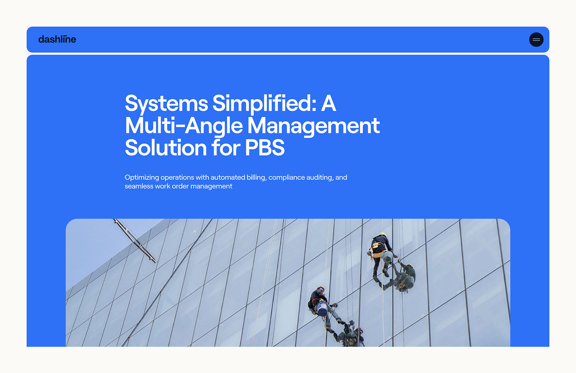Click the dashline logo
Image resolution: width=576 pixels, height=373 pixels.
[x=57, y=39]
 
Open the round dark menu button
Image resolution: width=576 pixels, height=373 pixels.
[x=536, y=39]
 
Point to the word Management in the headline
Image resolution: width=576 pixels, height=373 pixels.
[x=313, y=126]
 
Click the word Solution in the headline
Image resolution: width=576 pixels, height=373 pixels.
[x=166, y=147]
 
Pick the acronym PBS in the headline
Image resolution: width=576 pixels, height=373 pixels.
[x=265, y=148]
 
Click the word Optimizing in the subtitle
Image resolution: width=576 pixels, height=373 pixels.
[x=142, y=178]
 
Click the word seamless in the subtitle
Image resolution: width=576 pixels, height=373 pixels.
[x=139, y=186]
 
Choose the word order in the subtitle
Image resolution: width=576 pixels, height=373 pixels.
[x=180, y=186]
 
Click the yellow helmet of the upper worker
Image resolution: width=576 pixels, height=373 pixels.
[x=383, y=235]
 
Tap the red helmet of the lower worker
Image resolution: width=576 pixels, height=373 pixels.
[x=321, y=289]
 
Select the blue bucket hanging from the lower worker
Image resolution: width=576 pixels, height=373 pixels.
[x=322, y=308]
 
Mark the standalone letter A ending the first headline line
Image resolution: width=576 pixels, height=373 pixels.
[x=328, y=103]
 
